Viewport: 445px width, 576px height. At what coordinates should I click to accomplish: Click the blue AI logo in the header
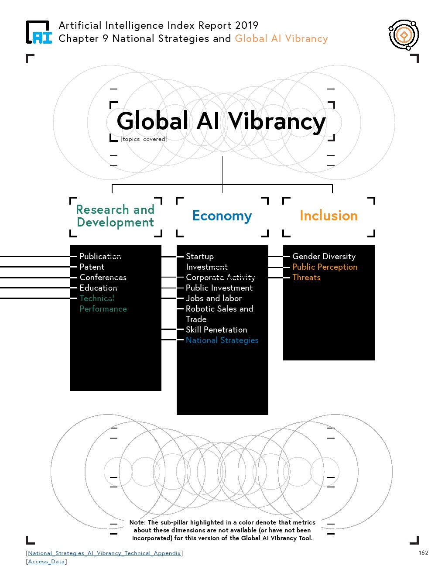[x=39, y=33]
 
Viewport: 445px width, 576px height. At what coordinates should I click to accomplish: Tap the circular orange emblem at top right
[x=404, y=35]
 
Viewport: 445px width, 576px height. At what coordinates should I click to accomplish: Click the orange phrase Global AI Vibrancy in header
[x=281, y=38]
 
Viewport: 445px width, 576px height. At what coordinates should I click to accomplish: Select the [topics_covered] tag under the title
[x=144, y=139]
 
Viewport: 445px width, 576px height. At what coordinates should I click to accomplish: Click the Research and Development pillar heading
[x=115, y=216]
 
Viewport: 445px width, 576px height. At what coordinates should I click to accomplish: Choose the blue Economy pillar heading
[x=222, y=216]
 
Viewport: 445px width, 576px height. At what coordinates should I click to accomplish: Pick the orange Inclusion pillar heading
[x=329, y=216]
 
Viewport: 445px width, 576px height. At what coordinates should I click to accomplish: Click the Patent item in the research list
[x=92, y=267]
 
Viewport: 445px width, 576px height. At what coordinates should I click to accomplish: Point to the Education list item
[x=98, y=288]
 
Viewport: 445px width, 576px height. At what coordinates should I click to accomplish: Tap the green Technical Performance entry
[x=103, y=303]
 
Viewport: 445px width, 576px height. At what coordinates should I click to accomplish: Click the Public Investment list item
[x=219, y=288]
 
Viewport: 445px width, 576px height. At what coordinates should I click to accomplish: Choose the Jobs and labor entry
[x=213, y=298]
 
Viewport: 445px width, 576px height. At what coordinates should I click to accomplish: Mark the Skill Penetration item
[x=216, y=329]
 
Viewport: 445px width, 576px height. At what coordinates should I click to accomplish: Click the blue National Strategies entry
[x=222, y=340]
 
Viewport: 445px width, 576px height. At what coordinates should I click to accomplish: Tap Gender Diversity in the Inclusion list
[x=324, y=256]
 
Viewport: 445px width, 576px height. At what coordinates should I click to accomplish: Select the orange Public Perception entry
[x=325, y=267]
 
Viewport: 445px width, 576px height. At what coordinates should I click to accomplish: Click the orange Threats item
[x=306, y=277]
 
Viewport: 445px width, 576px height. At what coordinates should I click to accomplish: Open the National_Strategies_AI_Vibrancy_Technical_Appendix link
[x=104, y=553]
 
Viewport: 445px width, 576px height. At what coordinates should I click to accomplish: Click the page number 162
[x=423, y=552]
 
